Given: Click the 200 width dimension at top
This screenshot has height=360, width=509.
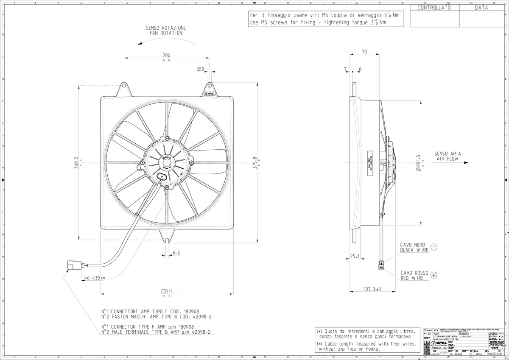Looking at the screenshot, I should coord(166,56).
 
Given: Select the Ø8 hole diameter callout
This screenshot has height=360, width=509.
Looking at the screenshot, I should coord(201,69).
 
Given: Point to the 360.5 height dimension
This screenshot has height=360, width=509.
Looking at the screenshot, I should coord(77,162).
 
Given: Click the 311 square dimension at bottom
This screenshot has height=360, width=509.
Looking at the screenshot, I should coord(167,291).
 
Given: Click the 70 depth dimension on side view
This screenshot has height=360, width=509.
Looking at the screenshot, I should coord(364,52).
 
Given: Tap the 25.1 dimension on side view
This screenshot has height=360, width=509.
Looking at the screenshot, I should coord(355,256).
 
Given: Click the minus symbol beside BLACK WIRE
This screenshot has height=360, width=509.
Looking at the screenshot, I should coord(433,247).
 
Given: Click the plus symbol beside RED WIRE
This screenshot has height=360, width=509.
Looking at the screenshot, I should coord(433,275).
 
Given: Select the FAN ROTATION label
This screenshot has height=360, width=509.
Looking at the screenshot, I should coord(166,33).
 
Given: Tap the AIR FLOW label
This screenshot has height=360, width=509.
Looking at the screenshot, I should coord(448,159).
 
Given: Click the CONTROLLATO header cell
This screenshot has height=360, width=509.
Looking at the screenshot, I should coord(434,8).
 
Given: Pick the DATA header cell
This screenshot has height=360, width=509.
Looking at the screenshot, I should coord(481,8).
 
